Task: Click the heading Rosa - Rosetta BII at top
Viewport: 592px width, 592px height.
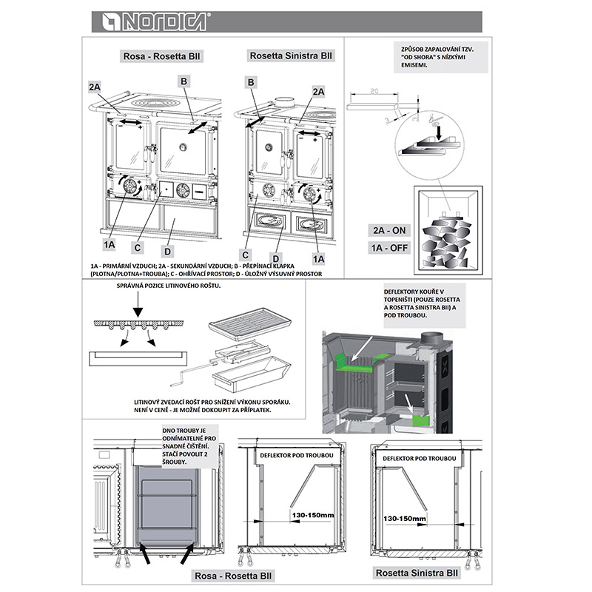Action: tap(161, 56)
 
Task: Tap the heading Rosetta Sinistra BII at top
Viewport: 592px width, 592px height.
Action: tap(290, 55)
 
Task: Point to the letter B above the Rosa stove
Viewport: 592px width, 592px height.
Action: tap(184, 80)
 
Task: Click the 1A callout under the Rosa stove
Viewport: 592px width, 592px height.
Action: tap(110, 242)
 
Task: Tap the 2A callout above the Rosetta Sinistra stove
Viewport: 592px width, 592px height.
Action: tap(318, 91)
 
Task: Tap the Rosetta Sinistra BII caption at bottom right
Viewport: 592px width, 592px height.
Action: tap(416, 572)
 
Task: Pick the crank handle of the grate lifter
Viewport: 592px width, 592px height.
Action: tap(179, 382)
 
